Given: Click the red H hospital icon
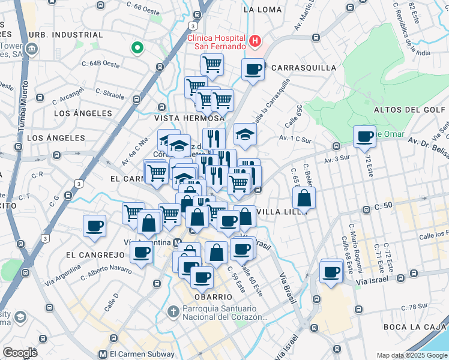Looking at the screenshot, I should point(256,41).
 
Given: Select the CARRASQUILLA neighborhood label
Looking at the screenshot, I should point(304,68).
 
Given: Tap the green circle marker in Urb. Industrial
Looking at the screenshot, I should point(137,47).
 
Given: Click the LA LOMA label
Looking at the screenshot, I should point(263,10).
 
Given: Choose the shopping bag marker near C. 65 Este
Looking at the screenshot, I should point(305,198).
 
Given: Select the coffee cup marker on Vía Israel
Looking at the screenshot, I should point(331,272).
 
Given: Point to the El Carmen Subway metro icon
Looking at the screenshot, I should point(103,354).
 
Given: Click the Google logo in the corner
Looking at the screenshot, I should point(19,353).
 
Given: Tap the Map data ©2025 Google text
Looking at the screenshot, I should point(411,356).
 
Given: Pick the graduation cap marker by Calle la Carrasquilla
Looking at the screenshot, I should point(245,134).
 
